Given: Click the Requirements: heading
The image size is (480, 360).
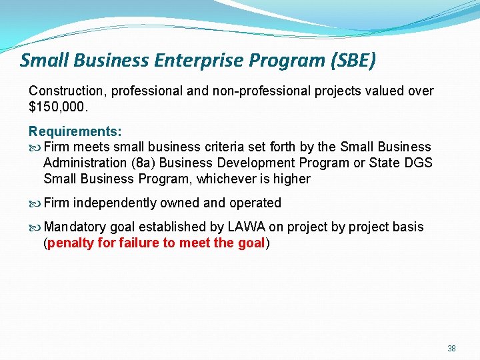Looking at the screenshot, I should pyautogui.click(x=75, y=132).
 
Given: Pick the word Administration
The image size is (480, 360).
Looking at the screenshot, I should pyautogui.click(x=85, y=163).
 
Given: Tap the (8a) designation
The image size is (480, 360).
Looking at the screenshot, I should pyautogui.click(x=145, y=163).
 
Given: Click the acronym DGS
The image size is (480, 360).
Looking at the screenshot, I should pyautogui.click(x=418, y=163).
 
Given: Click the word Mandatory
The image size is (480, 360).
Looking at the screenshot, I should pyautogui.click(x=74, y=227).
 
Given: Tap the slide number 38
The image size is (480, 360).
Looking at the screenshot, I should pyautogui.click(x=451, y=349).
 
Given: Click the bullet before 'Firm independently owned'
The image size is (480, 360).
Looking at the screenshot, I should pyautogui.click(x=35, y=203).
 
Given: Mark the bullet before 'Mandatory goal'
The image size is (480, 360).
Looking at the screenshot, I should pyautogui.click(x=35, y=227).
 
